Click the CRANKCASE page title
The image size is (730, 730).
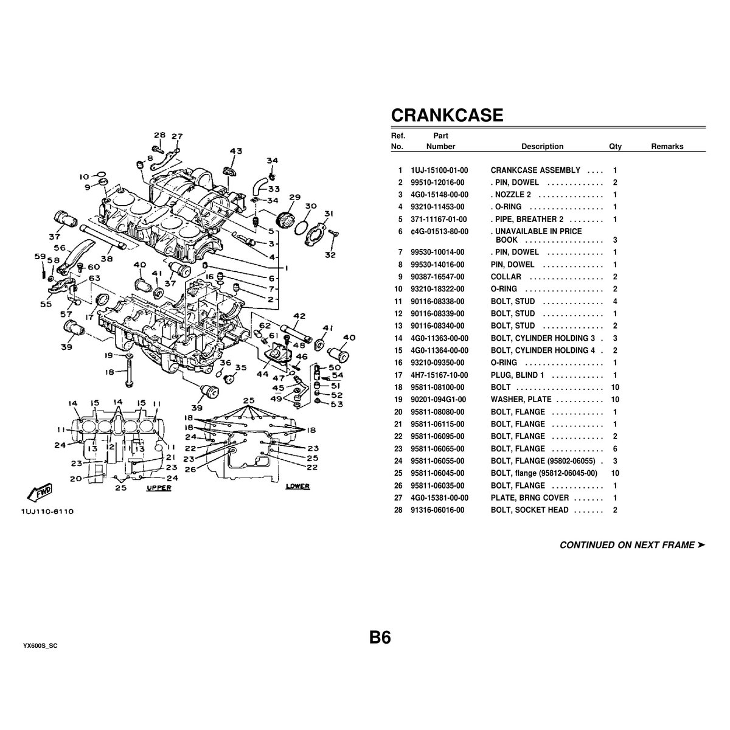click(447, 115)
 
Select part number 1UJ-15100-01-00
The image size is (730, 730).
click(439, 170)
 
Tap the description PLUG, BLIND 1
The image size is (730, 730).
click(517, 375)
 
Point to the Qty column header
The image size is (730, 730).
click(615, 147)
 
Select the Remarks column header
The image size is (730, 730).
click(667, 147)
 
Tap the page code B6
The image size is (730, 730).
click(380, 638)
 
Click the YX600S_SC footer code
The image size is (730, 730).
click(40, 645)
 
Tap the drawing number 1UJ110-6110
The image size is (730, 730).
click(47, 512)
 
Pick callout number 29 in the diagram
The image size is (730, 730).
click(294, 197)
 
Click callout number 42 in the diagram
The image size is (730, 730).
click(299, 316)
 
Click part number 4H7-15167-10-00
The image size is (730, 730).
click(439, 375)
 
